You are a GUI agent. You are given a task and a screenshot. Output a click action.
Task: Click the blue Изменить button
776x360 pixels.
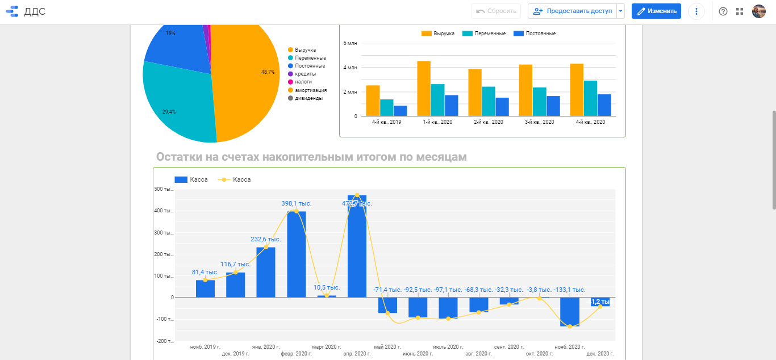point(656,11)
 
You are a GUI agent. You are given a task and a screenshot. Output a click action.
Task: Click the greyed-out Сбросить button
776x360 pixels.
point(496,11)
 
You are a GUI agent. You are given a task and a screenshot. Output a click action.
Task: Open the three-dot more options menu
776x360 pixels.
point(696,11)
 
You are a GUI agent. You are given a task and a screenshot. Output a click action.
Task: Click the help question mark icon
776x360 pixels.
point(723,11)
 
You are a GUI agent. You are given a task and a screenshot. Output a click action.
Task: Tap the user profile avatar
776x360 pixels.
point(759,11)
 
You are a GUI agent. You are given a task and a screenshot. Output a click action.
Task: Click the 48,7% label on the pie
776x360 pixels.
point(268,72)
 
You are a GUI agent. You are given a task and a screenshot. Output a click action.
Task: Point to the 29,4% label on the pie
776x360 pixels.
point(169,112)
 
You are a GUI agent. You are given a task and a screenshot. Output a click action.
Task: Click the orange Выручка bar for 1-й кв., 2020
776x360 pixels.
point(424,89)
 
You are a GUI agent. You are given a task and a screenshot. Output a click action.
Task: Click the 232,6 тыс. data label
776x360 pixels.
point(266,239)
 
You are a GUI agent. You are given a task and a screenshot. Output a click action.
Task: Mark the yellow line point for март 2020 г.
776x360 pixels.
point(327,295)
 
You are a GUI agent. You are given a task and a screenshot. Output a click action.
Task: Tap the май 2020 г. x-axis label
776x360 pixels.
point(387,346)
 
